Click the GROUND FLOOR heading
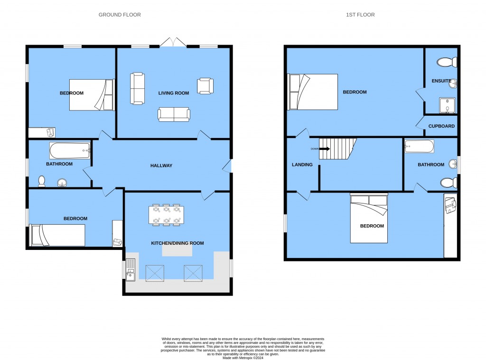coord(120,15)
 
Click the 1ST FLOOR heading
coord(360,15)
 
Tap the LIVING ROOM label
coord(174,93)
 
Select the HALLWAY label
coord(161,166)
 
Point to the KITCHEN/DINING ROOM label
coord(177,243)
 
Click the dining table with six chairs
coord(167,214)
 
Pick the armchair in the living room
coord(206,86)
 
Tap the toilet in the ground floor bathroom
coord(42,181)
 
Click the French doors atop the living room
coord(173,43)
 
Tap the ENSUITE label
coord(441,81)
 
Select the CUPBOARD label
coord(441,126)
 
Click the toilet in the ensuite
coord(448,62)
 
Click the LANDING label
coord(302,165)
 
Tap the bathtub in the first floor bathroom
coord(419,147)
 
